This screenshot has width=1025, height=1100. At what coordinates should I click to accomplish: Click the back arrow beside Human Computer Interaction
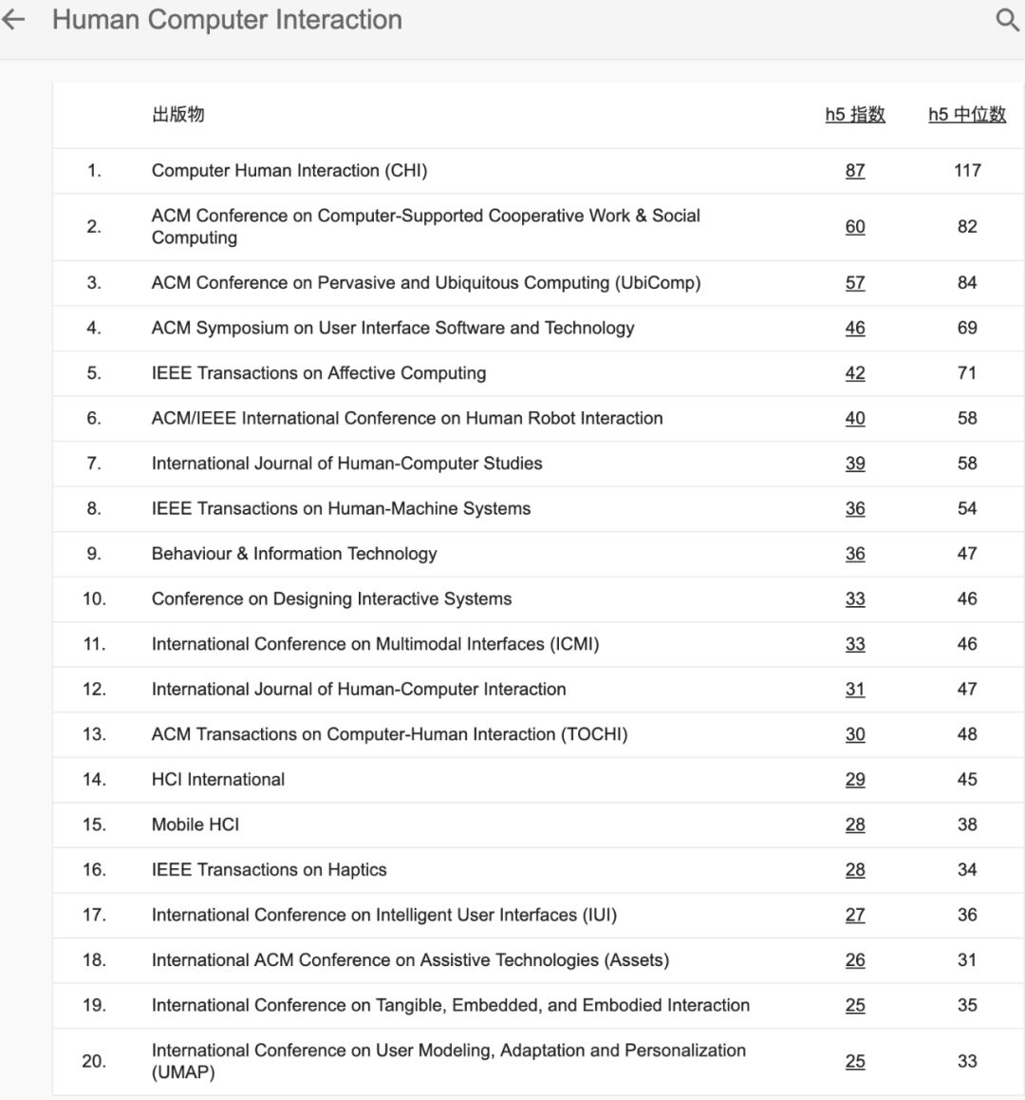click(13, 20)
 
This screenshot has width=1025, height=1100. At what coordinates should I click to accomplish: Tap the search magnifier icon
click(1007, 20)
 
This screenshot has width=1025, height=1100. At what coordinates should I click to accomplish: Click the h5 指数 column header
click(855, 115)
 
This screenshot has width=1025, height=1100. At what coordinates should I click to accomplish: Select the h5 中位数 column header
click(967, 115)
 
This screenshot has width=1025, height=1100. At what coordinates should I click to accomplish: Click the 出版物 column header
click(177, 115)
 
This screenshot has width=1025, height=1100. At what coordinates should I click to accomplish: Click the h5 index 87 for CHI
click(855, 171)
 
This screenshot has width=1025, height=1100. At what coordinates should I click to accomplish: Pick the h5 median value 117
click(967, 171)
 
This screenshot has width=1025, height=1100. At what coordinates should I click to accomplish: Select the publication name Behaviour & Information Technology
click(294, 554)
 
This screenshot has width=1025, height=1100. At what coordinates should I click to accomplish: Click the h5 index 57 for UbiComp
click(855, 283)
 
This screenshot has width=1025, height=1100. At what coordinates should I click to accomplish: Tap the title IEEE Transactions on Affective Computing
click(319, 373)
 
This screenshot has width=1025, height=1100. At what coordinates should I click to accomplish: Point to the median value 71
click(967, 373)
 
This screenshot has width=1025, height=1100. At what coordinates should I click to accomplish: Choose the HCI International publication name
click(218, 780)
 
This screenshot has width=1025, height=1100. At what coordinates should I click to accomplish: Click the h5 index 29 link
click(855, 780)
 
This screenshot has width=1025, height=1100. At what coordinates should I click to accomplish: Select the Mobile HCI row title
click(196, 825)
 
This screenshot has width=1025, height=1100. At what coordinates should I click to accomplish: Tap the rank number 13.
click(94, 734)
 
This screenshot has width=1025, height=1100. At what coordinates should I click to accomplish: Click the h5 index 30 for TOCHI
click(855, 734)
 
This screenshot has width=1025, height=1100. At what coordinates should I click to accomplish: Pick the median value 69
click(967, 328)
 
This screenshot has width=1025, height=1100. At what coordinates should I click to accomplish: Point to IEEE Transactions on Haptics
click(270, 870)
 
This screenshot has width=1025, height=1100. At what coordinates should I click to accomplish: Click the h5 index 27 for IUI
click(855, 915)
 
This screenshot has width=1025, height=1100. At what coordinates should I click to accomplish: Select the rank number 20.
click(94, 1061)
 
